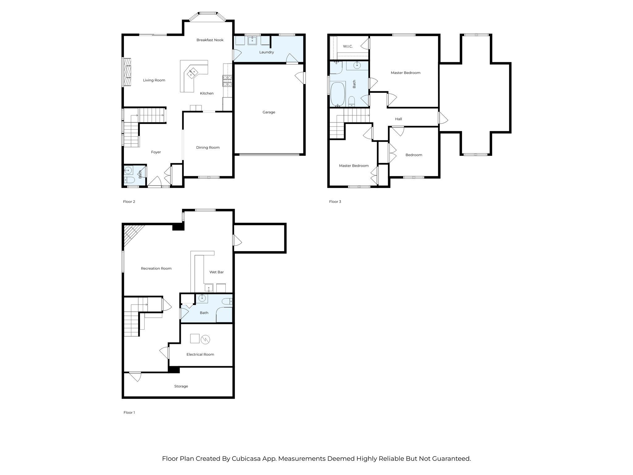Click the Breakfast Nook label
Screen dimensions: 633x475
210,40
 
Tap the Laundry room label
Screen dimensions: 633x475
266,52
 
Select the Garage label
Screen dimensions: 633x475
269,112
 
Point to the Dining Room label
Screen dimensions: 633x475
208,148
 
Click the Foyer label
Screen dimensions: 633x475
156,152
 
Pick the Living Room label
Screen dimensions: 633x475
154,80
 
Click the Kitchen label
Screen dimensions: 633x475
207,93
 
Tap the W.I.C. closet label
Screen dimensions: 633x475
348,46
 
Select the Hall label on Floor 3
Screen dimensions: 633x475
398,119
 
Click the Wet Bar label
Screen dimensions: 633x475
216,272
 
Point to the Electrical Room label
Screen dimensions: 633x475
200,354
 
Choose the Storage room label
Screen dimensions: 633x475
181,386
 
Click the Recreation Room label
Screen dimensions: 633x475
156,268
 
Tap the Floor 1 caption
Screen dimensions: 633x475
129,413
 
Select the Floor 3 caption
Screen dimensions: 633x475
335,202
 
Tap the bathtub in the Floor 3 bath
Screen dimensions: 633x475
338,94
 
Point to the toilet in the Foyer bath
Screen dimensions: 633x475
129,180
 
